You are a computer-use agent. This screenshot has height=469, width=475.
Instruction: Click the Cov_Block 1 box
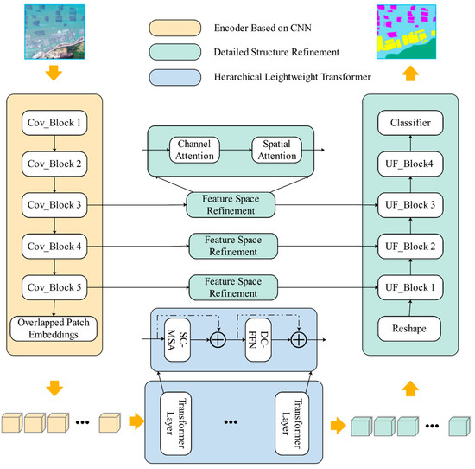click(54, 123)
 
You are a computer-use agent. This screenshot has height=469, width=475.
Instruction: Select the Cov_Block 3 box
click(54, 205)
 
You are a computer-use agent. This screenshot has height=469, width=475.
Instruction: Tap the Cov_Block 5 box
click(54, 286)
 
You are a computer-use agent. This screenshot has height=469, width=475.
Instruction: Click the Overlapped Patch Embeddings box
click(54, 329)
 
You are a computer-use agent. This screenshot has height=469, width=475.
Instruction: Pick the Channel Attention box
click(195, 148)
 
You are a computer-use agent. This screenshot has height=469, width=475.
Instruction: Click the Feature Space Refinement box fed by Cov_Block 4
click(232, 246)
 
